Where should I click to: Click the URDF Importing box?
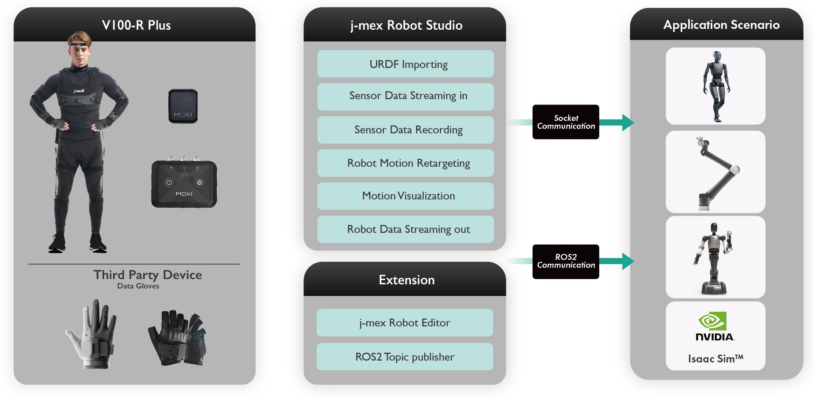tap(405, 64)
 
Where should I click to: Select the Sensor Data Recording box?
tap(405, 130)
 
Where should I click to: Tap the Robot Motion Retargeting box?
tap(405, 163)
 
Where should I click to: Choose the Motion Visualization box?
tap(405, 196)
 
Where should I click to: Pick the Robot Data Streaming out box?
tap(405, 229)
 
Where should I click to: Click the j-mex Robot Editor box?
tap(405, 323)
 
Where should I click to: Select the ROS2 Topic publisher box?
tap(405, 356)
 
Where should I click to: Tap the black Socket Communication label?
tap(566, 122)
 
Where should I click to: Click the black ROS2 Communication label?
tap(566, 261)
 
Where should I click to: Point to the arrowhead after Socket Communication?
tap(628, 122)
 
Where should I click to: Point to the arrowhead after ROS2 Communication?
tap(628, 261)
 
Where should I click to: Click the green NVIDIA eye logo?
tap(713, 321)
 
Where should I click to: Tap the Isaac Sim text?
tap(716, 359)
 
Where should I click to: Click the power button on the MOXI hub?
tap(169, 182)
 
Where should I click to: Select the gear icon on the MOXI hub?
tap(199, 183)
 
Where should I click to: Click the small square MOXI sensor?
tap(183, 106)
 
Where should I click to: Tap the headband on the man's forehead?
tap(79, 45)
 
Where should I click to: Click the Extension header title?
tap(407, 280)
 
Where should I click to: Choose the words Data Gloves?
tap(138, 286)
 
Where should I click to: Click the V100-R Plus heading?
tap(136, 25)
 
